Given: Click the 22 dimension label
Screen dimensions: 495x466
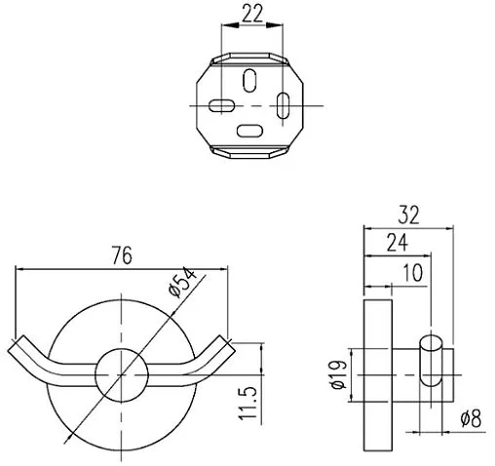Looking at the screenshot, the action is [x=252, y=14].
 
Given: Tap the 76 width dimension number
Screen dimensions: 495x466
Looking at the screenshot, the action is [x=122, y=255].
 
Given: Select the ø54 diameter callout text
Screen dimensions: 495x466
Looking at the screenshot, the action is [x=182, y=282].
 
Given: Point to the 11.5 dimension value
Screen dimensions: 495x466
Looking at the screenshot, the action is [x=248, y=403].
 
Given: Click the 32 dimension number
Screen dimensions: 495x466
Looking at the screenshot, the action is [x=408, y=214].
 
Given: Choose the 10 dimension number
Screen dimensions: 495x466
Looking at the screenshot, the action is [x=412, y=272].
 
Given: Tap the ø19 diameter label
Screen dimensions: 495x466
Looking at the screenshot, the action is [x=339, y=374].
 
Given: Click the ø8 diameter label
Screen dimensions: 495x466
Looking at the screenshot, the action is [x=471, y=418].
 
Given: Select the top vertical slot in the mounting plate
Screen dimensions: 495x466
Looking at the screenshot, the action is [x=249, y=80].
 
